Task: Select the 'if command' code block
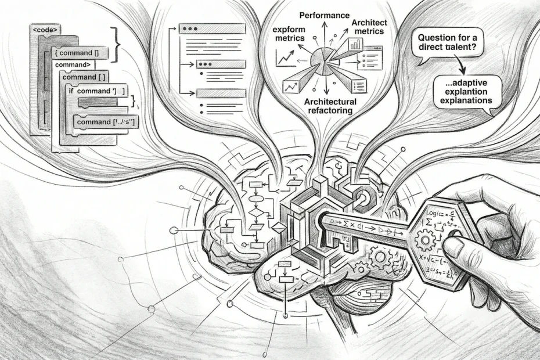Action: pyautogui.click(x=96, y=90)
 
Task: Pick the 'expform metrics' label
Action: pyautogui.click(x=289, y=33)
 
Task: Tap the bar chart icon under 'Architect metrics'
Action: pyautogui.click(x=355, y=45)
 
